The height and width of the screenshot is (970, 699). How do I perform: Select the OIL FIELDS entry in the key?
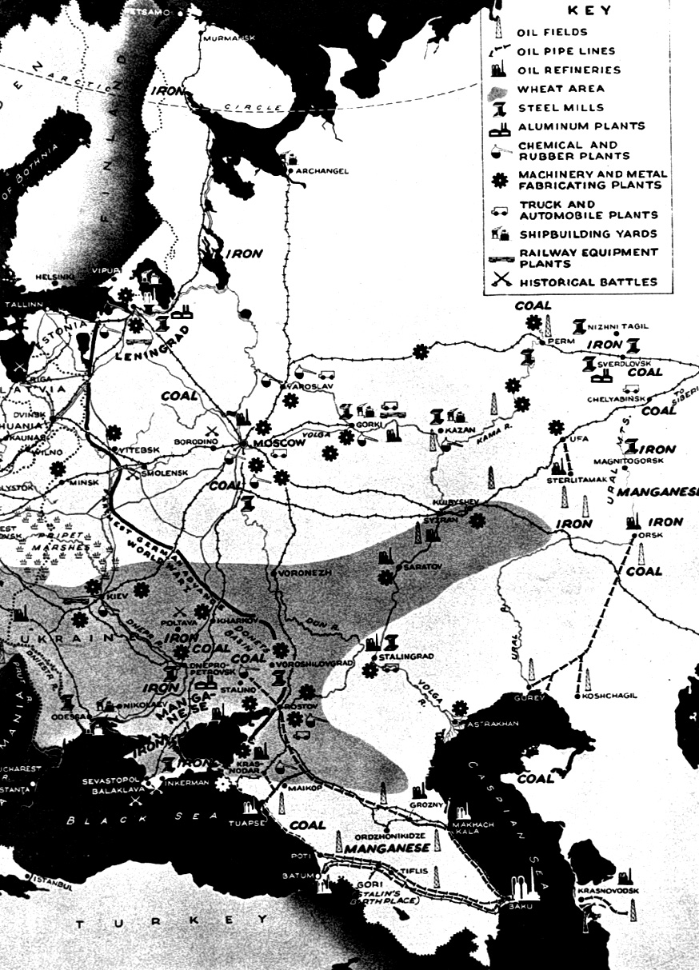pos(552,33)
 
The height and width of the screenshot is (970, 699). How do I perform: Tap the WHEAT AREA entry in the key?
pos(561,89)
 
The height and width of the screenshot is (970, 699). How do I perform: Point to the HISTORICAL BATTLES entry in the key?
pos(588,282)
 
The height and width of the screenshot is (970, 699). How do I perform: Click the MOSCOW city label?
pos(281,442)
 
